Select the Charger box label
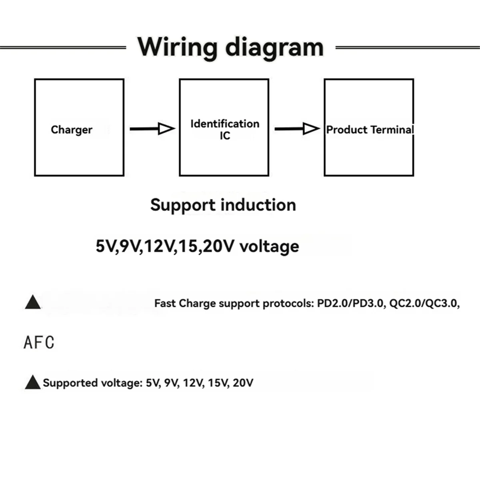(x=72, y=130)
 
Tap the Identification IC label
(x=224, y=129)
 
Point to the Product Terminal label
(x=370, y=130)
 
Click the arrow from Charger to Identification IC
(x=152, y=129)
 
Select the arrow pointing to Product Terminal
(x=297, y=129)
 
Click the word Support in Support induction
(x=183, y=205)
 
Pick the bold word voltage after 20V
(x=269, y=246)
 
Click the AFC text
(x=39, y=343)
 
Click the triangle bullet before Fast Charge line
(x=32, y=303)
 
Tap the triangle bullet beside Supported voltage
(x=32, y=383)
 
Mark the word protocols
(x=287, y=304)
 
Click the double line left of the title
(x=63, y=48)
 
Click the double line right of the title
(x=407, y=48)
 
